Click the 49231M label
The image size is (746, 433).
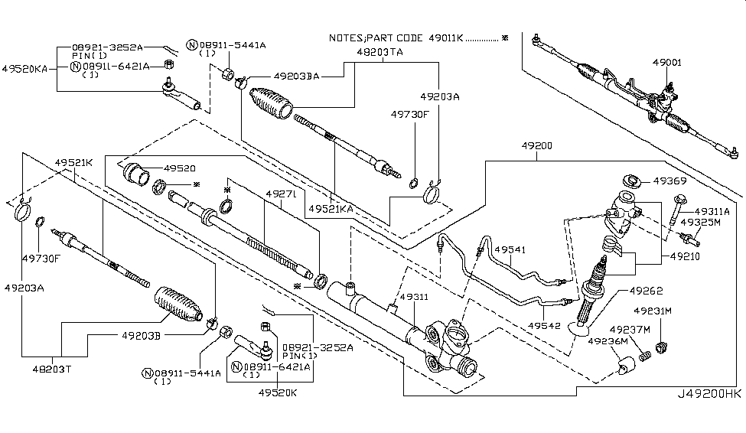tap(653, 311)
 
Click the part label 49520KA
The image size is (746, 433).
tap(24, 68)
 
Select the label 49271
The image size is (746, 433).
tap(278, 194)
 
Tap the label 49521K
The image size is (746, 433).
tap(73, 163)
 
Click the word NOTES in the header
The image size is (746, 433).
tap(347, 37)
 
